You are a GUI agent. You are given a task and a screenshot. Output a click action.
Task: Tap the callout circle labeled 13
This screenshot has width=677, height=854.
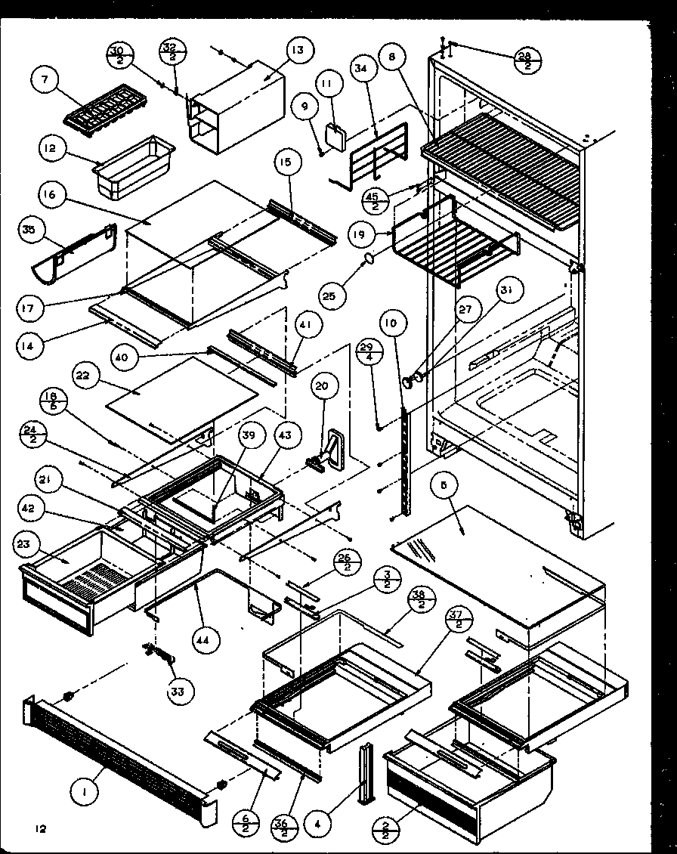298,51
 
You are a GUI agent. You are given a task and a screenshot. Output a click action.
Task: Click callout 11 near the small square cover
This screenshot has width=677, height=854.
327,85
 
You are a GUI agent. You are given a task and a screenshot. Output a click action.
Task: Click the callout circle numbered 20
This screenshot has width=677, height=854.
321,386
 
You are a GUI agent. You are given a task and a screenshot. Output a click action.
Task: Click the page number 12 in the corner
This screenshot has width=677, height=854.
40,829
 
